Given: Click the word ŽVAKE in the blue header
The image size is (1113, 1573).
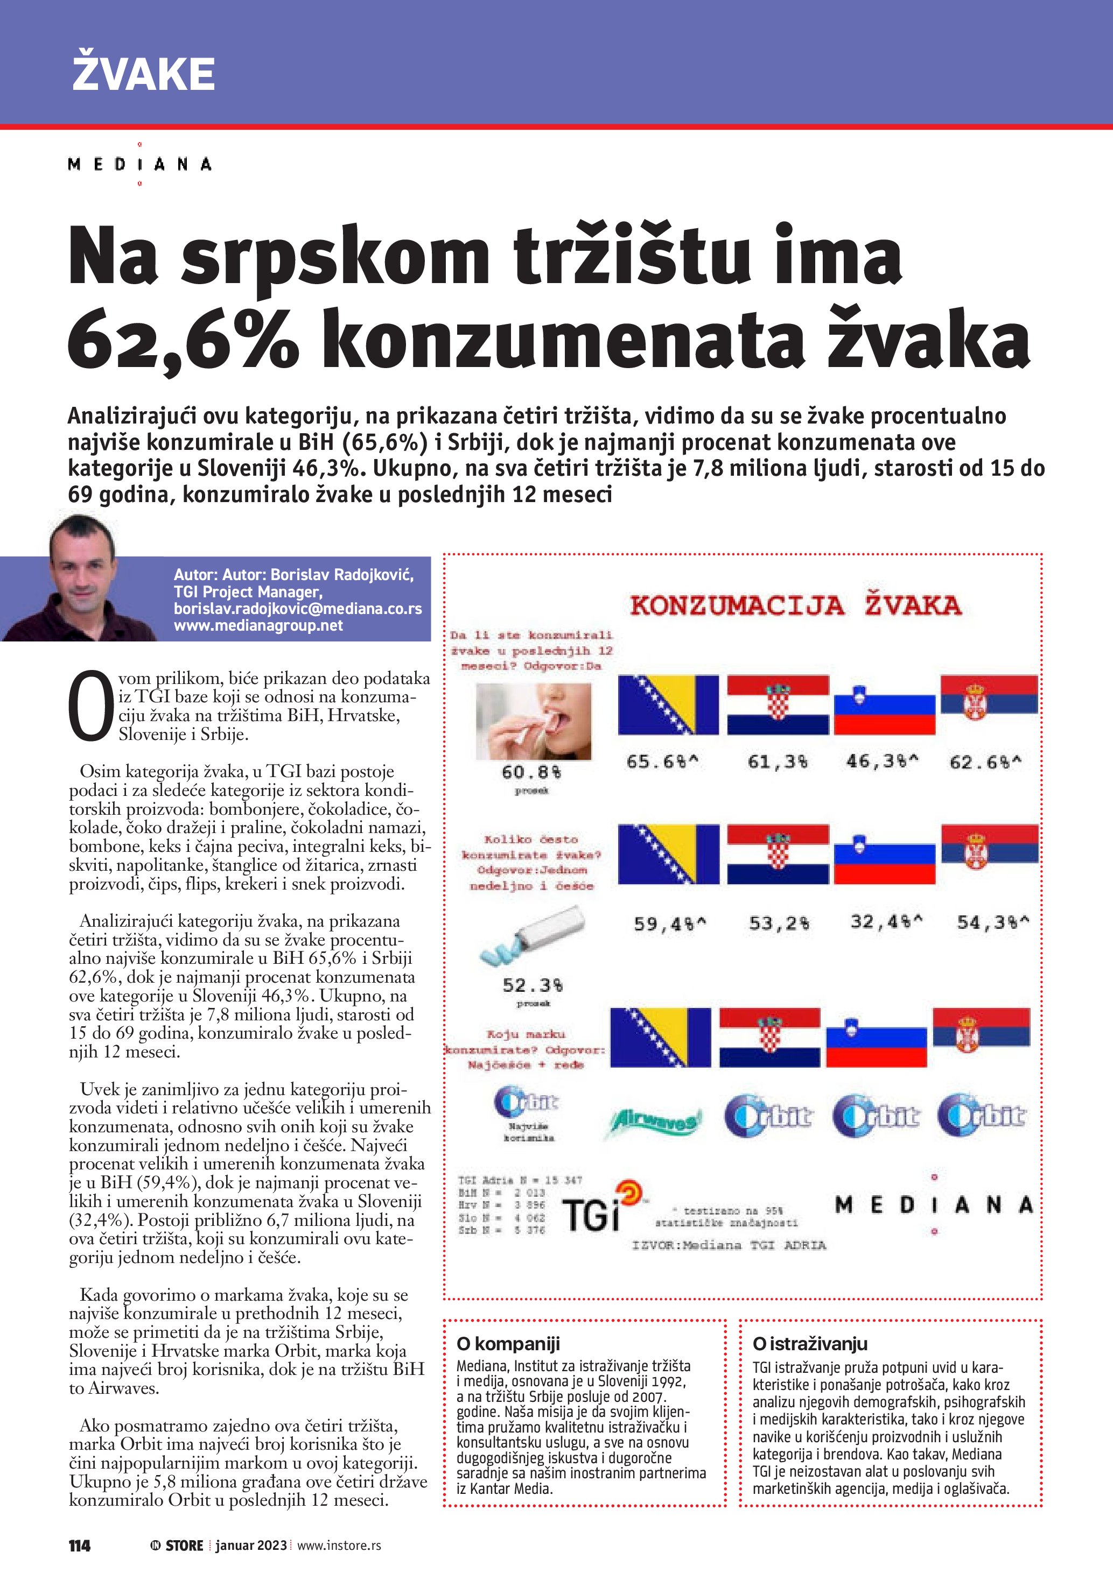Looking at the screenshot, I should coord(143,74).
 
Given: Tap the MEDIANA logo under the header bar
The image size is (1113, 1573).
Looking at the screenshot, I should coord(140,165).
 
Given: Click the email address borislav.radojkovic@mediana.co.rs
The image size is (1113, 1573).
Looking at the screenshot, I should coord(297,608).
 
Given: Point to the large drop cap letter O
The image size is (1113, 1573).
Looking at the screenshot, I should coord(90,707).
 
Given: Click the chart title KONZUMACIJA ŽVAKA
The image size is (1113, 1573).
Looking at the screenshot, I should coord(795,605).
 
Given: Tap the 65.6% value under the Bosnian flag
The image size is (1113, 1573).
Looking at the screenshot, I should coord(662,762).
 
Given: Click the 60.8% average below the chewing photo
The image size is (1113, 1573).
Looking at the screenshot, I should coord(531,772).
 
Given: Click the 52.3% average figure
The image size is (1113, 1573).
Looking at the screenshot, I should coord(533,985).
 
